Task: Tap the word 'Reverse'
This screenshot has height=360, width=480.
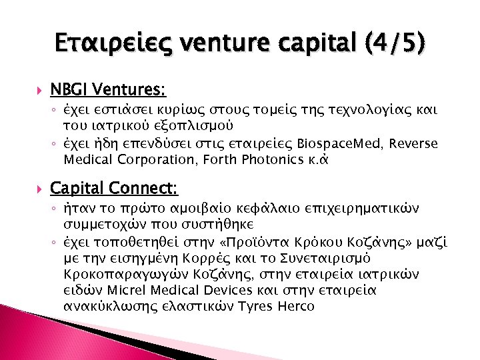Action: [x=415, y=145]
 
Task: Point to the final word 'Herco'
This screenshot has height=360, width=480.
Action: [x=295, y=306]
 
